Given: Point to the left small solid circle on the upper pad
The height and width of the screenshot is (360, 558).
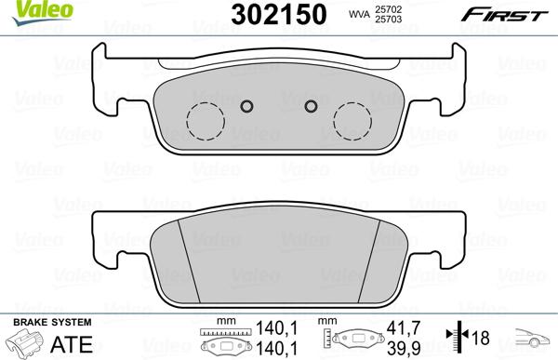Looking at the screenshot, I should [x=247, y=105].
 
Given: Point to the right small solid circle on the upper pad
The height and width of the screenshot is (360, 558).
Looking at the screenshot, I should [x=312, y=105].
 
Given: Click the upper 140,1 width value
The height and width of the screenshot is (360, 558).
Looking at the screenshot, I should [x=271, y=327].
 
